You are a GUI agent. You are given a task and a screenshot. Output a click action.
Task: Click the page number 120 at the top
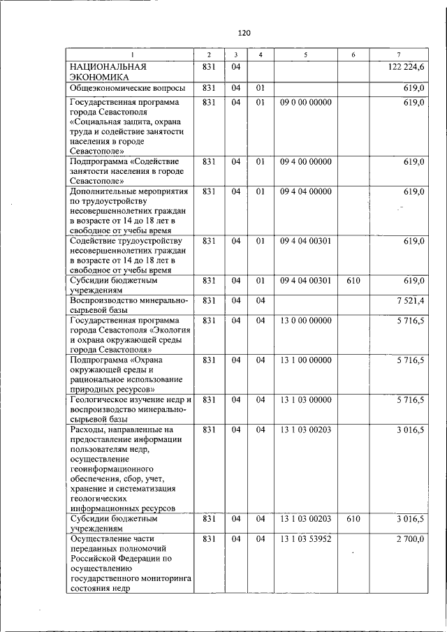point(244,33)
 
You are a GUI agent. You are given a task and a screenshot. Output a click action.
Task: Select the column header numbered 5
point(305,54)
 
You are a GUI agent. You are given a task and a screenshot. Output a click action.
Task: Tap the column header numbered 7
point(398,54)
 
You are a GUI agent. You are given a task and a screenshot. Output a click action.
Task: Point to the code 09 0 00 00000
point(306,103)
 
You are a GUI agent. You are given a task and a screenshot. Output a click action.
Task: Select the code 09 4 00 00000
point(306,162)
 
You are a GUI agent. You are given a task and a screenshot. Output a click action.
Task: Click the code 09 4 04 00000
point(306,191)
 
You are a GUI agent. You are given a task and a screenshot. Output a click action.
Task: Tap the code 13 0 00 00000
point(306,321)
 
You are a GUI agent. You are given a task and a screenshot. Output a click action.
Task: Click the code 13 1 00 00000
point(306,360)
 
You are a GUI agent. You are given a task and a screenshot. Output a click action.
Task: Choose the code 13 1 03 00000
point(306,400)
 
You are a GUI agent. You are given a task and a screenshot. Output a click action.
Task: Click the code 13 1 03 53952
point(306,539)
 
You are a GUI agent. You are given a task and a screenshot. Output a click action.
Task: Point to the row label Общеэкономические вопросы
point(126,88)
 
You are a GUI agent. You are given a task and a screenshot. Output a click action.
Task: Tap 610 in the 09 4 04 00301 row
point(353,281)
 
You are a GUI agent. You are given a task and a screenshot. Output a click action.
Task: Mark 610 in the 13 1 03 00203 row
point(353,520)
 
